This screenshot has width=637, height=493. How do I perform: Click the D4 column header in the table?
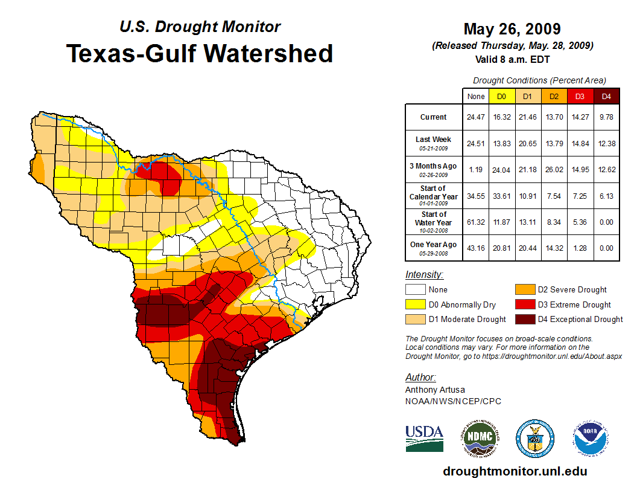(606, 96)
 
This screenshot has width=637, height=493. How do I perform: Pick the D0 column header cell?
(501, 96)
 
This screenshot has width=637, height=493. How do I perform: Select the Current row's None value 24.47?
(476, 117)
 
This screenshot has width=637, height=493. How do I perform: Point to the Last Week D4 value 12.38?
(606, 143)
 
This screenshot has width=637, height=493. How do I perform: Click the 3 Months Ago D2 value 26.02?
(554, 170)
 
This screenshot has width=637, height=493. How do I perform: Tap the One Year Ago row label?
(434, 248)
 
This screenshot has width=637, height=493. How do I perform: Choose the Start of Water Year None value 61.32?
(476, 222)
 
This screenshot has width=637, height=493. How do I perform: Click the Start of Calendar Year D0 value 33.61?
(501, 196)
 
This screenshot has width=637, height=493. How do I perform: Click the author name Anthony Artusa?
(435, 390)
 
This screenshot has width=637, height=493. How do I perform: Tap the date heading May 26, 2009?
(512, 29)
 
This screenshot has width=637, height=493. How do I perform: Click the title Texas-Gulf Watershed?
(200, 53)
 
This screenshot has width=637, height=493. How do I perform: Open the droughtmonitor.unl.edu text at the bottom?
(515, 471)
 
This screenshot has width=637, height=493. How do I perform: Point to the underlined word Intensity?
(424, 275)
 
